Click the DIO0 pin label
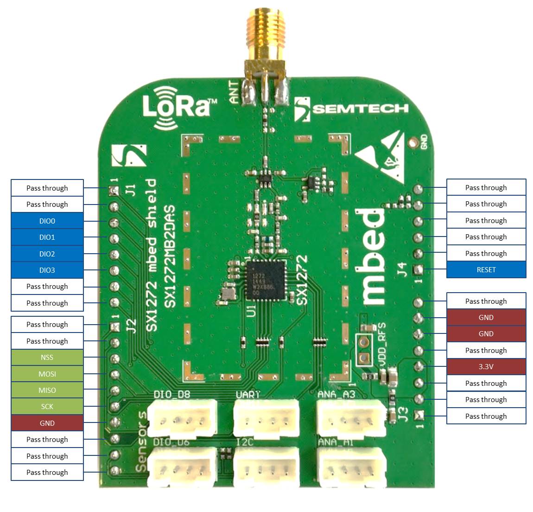[47, 221]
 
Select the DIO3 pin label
[47, 270]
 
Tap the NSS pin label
[47, 357]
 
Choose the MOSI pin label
[47, 374]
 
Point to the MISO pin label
[47, 390]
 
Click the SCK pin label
[47, 406]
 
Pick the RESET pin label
[486, 269]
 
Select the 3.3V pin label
[486, 366]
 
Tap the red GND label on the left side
[47, 423]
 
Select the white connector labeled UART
[266, 419]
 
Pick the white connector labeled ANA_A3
[351, 419]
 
